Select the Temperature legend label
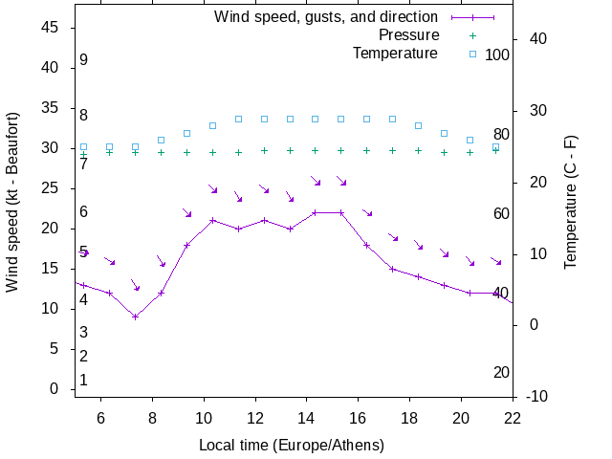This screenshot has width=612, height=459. coord(395,54)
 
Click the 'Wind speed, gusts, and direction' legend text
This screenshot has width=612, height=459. coord(326,17)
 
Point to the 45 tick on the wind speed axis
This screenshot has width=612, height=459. coord(53,29)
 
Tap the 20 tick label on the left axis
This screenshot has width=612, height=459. coord(53,229)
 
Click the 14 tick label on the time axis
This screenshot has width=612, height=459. coord(306,417)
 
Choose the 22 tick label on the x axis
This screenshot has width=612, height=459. coord(513,417)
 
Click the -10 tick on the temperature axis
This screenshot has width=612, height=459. coord(536,397)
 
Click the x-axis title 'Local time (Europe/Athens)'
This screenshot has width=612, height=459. coord(292,446)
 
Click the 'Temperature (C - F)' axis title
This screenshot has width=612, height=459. coord(571,201)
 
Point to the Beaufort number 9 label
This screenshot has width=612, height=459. coord(84,60)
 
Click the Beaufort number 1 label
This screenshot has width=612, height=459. coord(84,381)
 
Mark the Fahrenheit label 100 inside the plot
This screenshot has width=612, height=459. coord(497,55)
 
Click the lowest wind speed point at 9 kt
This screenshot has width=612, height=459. coord(136,317)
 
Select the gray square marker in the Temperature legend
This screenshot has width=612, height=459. coord(472,54)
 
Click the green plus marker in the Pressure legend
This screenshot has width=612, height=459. coord(472,35)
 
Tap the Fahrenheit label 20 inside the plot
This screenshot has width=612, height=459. coord(501,372)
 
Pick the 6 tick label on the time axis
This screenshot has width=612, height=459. coord(100,417)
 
